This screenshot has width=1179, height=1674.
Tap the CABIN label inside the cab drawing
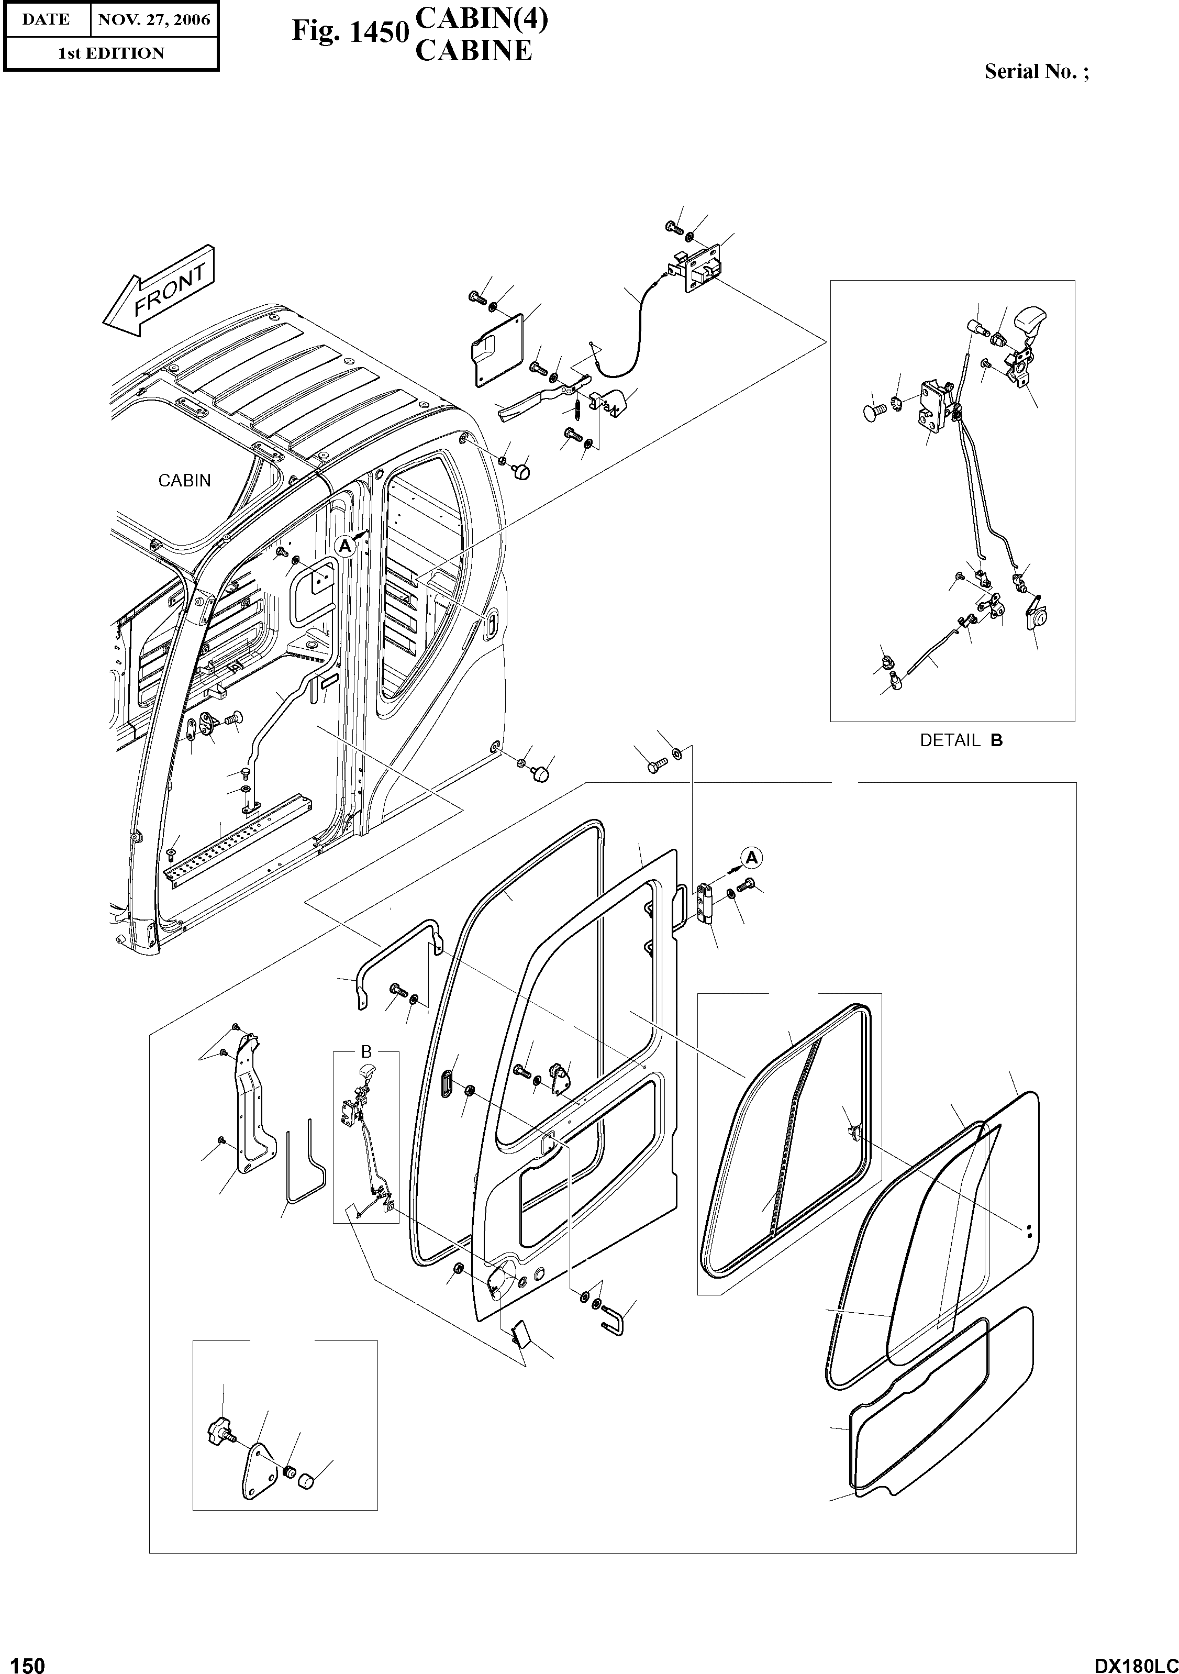[x=184, y=481]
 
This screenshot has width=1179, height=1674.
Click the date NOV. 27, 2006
[x=154, y=20]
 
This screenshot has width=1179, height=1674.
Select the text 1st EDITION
[x=111, y=53]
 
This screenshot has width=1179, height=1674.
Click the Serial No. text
[x=1036, y=71]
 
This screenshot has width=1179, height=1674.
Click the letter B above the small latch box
[x=366, y=1051]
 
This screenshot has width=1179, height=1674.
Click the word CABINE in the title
[x=473, y=51]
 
